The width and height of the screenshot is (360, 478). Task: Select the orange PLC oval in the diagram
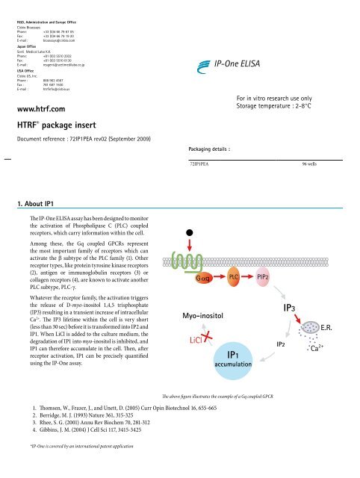pos(234,278)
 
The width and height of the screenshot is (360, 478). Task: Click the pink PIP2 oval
pos(263,278)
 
